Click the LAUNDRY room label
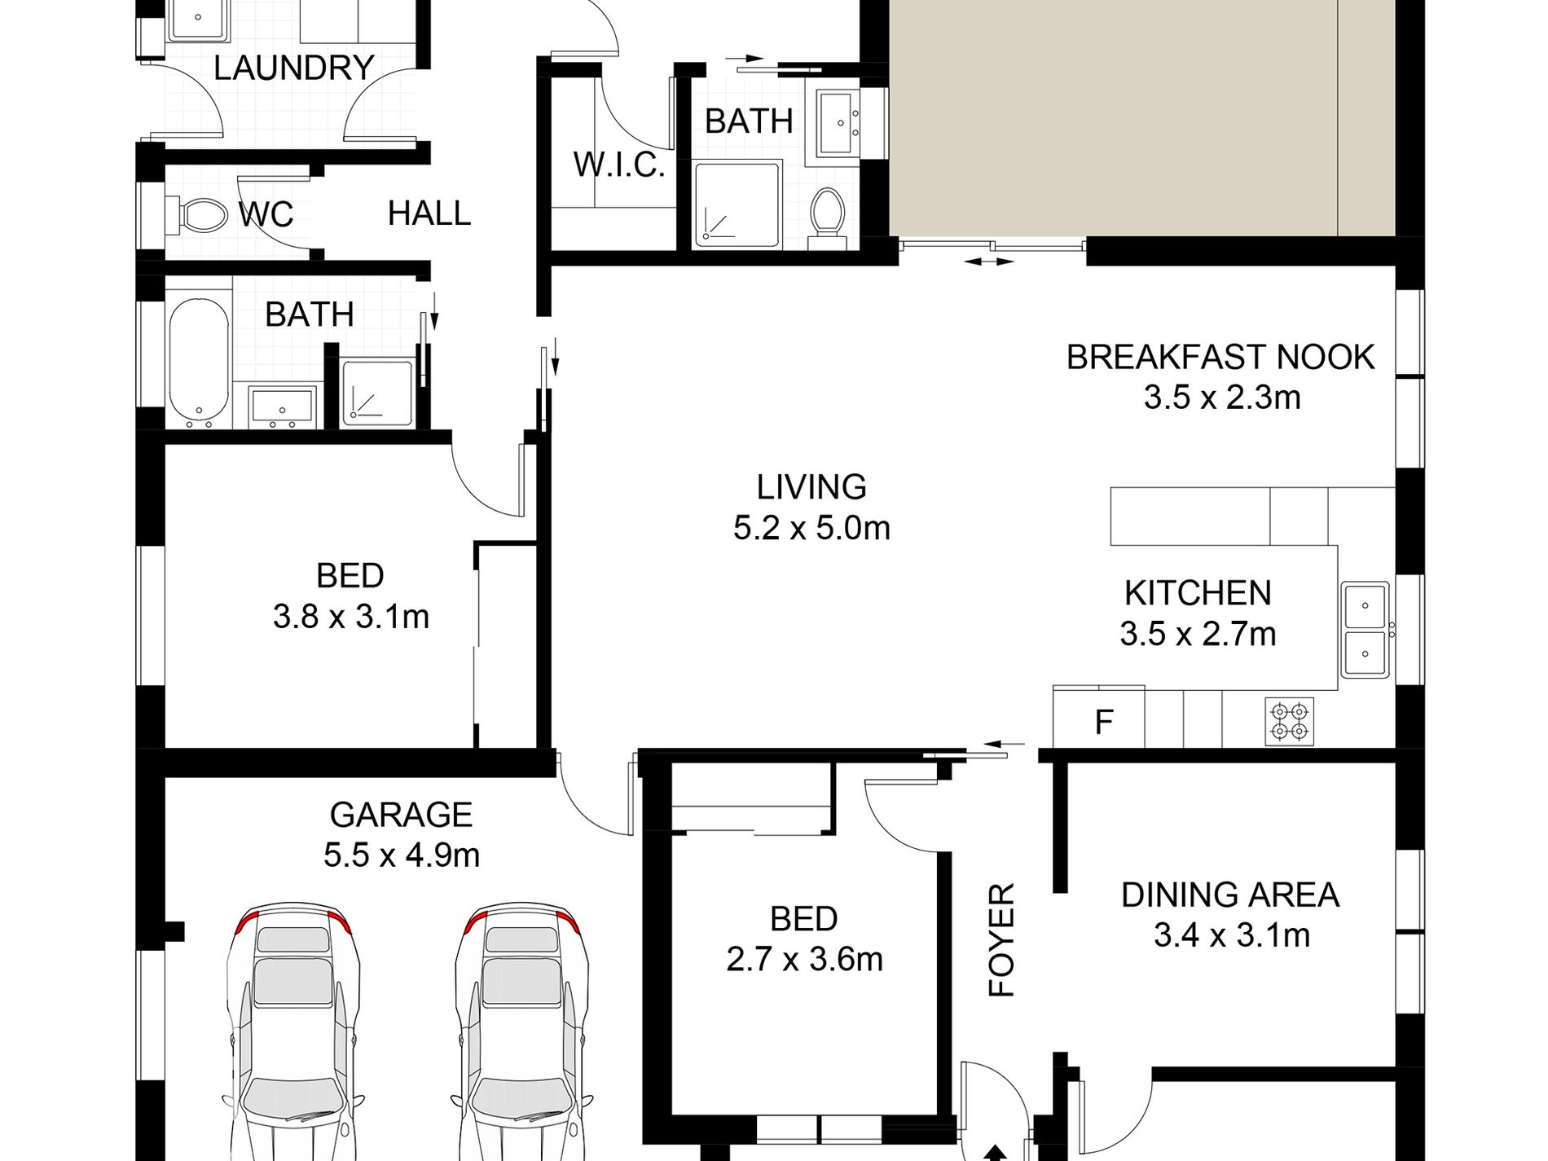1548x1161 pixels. point(293,68)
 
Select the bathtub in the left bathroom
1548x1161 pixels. point(199,362)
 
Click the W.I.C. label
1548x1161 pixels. point(619,165)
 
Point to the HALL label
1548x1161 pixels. point(429,213)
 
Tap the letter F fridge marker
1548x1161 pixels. point(1104,722)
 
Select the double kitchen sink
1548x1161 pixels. point(1365,629)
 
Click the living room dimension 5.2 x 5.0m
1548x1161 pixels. point(811,528)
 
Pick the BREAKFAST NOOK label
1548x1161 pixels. point(1220,357)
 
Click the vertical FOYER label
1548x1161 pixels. point(1001,939)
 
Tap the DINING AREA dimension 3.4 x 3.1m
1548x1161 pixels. point(1232,935)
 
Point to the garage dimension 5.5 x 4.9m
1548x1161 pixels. point(402,855)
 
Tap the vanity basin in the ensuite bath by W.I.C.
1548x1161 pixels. point(838,123)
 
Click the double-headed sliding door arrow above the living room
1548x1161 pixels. point(989,262)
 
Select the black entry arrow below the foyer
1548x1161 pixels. point(995,1153)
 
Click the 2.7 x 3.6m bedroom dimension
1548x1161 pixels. point(805,960)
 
